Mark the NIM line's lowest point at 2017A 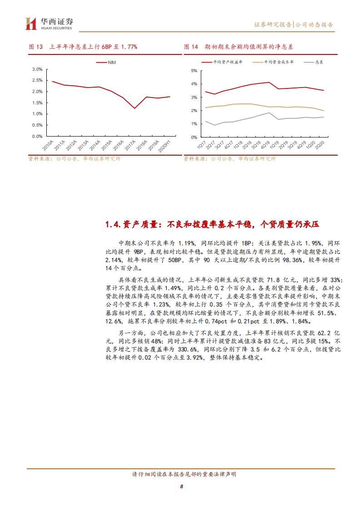tap(134, 108)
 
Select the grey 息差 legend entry tap(318, 62)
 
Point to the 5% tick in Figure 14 tap(193, 71)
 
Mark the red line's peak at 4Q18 tap(270, 82)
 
